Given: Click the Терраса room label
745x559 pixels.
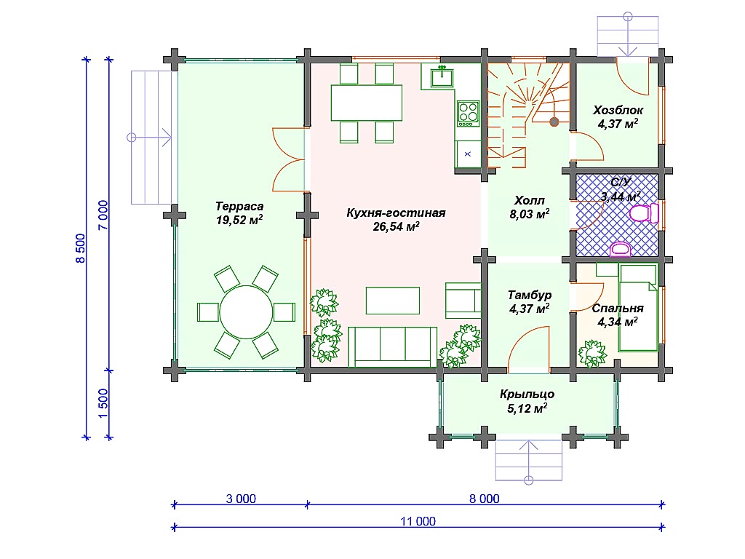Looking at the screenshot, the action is (x=239, y=207).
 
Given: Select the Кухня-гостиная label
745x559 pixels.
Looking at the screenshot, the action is (x=396, y=213).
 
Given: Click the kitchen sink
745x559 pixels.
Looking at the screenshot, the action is (x=442, y=77).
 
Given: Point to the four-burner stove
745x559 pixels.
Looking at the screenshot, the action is (x=468, y=114).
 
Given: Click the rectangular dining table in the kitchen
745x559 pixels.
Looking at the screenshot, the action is (x=367, y=103).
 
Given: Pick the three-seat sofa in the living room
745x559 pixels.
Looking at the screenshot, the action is (x=392, y=347).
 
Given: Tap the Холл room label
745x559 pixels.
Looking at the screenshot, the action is (x=530, y=201).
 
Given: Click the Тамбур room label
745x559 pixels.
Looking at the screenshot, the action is (x=530, y=296).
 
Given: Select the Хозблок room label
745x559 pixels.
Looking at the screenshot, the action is (x=618, y=111).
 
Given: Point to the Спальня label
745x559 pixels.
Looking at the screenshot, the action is (x=618, y=309).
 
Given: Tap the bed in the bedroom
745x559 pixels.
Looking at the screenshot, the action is (x=638, y=308).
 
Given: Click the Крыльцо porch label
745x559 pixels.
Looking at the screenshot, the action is (x=527, y=394).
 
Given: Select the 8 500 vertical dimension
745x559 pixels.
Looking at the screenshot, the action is (x=80, y=248).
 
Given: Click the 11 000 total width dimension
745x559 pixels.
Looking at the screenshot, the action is (x=418, y=521).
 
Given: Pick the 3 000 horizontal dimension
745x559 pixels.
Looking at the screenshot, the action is (x=241, y=499).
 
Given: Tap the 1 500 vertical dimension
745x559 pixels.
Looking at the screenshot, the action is (x=103, y=404).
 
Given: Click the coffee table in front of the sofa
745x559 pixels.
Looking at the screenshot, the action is (x=392, y=301).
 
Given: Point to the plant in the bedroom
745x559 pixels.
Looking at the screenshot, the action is (x=592, y=354).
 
